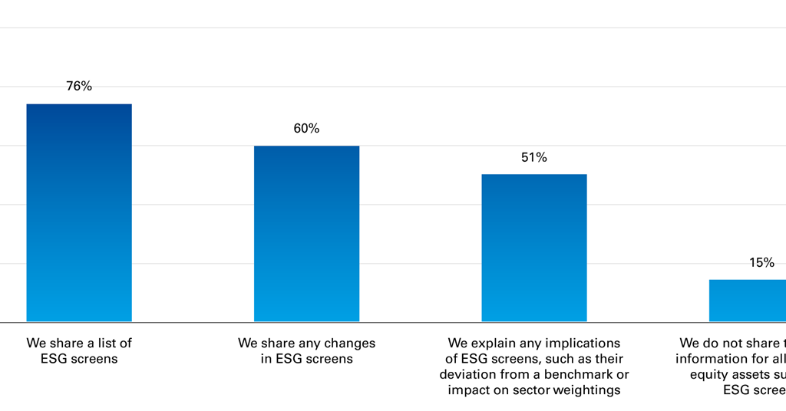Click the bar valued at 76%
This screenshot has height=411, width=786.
79,212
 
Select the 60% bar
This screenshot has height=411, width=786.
306,234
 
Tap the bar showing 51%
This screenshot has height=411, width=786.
534,248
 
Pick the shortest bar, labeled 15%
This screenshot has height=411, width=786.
748,301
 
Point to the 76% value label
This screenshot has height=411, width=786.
79,86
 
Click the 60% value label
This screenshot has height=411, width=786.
306,128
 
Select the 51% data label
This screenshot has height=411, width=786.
534,157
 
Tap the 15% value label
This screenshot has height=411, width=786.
761,262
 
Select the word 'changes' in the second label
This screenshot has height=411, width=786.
350,344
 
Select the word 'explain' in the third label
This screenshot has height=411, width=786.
492,344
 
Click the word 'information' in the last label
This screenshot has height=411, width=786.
711,359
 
